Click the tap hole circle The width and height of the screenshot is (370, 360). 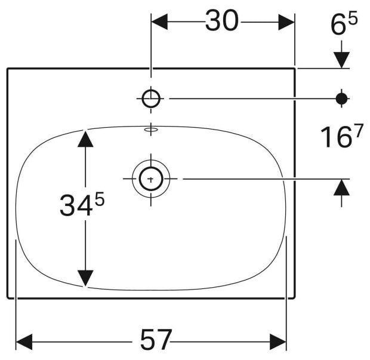click(x=152, y=98)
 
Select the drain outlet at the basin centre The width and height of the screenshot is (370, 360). click(x=152, y=178)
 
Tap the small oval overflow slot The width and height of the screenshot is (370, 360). click(x=152, y=128)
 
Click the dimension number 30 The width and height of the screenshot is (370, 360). click(x=222, y=22)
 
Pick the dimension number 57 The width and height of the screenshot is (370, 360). click(x=156, y=340)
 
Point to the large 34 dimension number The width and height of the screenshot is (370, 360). click(x=75, y=207)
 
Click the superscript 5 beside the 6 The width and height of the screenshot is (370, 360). click(x=353, y=20)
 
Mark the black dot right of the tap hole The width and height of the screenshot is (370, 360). click(x=341, y=98)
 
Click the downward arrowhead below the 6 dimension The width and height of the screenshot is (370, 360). click(x=341, y=60)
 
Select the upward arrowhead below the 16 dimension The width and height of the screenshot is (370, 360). click(x=341, y=187)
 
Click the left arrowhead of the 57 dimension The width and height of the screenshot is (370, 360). click(x=23, y=341)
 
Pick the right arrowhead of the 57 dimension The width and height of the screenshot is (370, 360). click(x=279, y=341)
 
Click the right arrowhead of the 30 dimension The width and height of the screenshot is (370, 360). click(x=286, y=23)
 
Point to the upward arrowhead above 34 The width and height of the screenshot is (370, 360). click(x=86, y=139)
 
